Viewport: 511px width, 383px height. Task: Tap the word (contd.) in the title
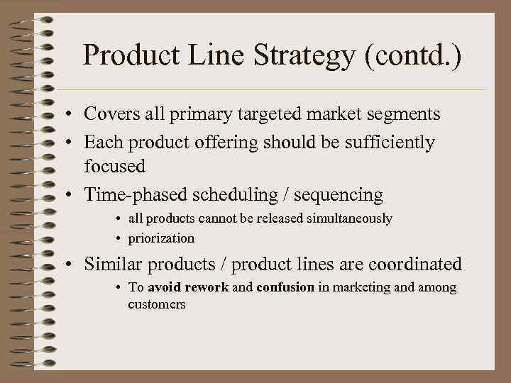414,56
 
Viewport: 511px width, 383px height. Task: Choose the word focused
114,166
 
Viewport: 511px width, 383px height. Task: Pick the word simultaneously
349,218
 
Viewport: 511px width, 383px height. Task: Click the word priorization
161,238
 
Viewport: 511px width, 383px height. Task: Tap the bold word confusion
285,287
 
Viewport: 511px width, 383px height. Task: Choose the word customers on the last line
156,304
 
